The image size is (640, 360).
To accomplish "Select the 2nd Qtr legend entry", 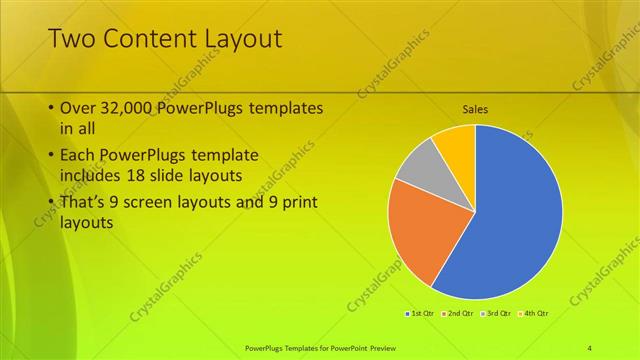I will tap(457, 314).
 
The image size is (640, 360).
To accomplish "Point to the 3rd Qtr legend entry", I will tap(496, 314).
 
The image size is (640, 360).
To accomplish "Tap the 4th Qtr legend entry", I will tap(534, 314).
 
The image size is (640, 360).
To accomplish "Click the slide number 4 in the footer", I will tap(590, 347).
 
